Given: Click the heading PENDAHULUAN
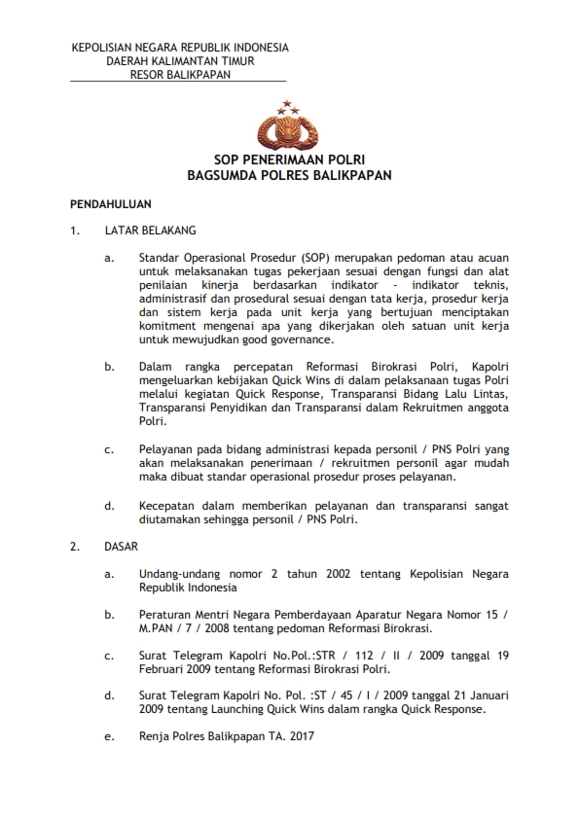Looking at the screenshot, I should pos(109,206).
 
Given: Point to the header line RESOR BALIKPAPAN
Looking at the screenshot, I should pos(180,74).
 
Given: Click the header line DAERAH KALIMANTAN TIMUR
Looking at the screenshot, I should pos(180,60).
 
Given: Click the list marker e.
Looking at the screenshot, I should pos(109,738).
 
